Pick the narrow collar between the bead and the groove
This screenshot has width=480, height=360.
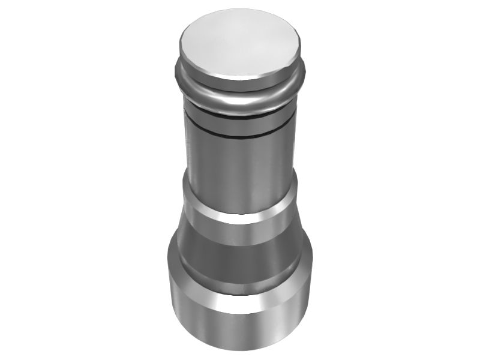[x=240, y=120]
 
